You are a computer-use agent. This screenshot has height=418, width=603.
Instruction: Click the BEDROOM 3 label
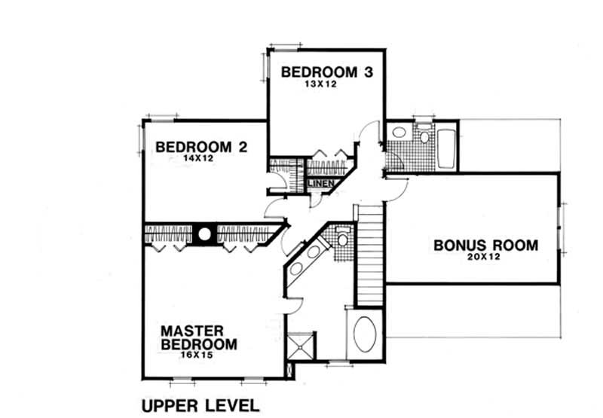(327, 72)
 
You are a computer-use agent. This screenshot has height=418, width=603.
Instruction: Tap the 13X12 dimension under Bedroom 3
(326, 85)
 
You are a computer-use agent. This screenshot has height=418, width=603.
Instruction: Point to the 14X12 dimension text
(199, 159)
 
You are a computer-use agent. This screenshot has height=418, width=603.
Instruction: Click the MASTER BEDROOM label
(198, 337)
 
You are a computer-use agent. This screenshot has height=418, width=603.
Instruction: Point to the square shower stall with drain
(305, 347)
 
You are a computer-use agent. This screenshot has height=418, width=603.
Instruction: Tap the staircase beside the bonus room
(369, 256)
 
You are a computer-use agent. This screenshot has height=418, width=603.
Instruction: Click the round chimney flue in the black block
(204, 234)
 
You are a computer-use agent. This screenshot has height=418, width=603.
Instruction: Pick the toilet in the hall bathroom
(424, 136)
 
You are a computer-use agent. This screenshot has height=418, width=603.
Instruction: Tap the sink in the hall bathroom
(399, 133)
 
